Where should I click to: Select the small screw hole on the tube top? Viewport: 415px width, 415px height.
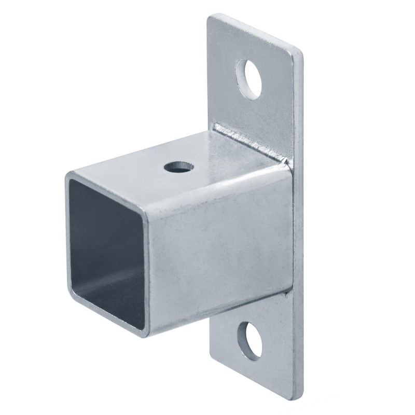[179, 168]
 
